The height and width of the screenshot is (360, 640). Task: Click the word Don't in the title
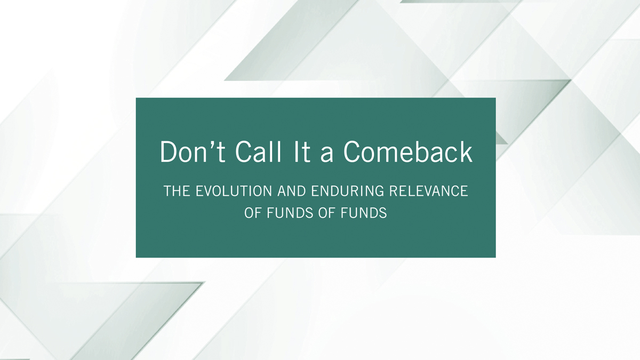pyautogui.click(x=193, y=151)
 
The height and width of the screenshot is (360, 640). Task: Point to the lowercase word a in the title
pyautogui.click(x=327, y=155)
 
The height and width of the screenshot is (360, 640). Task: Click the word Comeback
pyautogui.click(x=408, y=151)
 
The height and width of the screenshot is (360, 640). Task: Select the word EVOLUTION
pyautogui.click(x=234, y=191)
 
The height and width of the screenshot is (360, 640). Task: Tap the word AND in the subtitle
pyautogui.click(x=291, y=191)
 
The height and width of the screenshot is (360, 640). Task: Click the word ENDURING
pyautogui.click(x=347, y=191)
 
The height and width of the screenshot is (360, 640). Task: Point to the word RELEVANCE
pyautogui.click(x=429, y=191)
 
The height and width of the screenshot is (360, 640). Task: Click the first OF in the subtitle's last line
pyautogui.click(x=253, y=213)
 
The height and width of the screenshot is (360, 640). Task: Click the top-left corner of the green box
pyautogui.click(x=136, y=98)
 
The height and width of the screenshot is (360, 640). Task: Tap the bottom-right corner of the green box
pyautogui.click(x=495, y=258)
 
